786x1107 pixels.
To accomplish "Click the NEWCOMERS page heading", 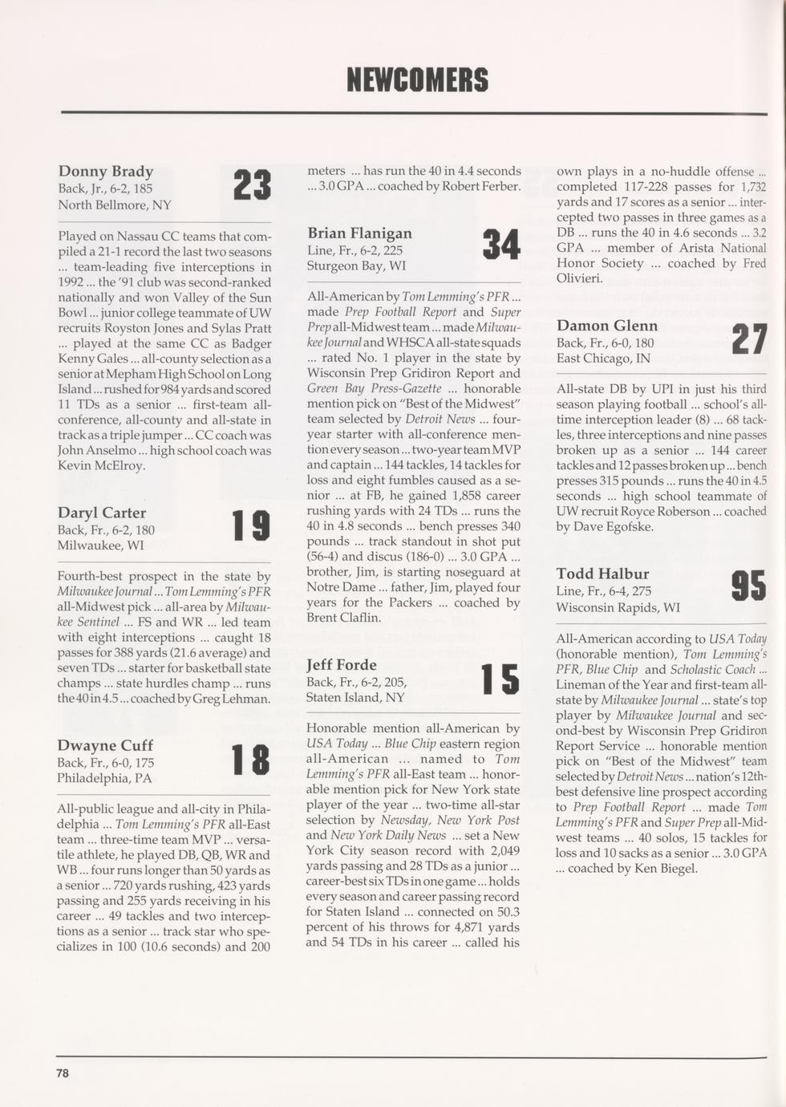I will pos(417,80).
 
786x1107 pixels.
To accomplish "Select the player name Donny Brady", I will pos(105,171).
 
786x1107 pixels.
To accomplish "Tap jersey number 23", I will pos(252,184).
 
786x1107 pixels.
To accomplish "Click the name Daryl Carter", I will pos(101,513).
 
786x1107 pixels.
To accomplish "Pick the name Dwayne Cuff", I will pos(104,745).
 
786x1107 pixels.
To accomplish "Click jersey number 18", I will pos(250,759).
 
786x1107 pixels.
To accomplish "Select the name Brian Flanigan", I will pos(359,233).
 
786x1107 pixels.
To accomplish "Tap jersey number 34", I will pos(502,245).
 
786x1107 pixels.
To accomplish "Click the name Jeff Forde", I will pos(341,664).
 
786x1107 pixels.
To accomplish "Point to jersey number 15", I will pos(500,679).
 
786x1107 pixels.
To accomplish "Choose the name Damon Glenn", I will pos(606,326).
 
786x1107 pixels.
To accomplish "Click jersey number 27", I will pos(750,339).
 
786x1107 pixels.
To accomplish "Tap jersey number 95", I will pos(749,586).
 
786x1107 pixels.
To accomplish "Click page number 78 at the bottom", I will pos(63,1073).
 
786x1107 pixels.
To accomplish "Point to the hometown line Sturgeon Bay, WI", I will pos(356,266).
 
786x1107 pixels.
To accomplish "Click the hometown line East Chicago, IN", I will pos(603,358).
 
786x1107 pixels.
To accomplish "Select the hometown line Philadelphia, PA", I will pos(104,778).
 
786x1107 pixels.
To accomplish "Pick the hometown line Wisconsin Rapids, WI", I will pos(618,607).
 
